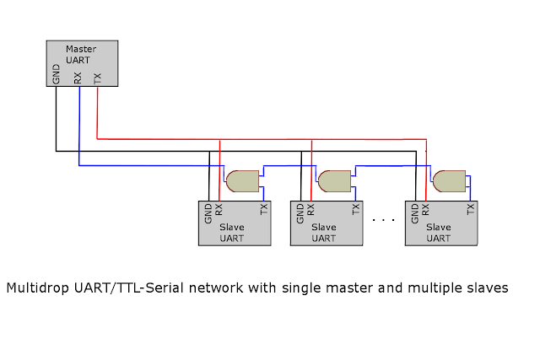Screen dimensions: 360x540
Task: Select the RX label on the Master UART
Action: [78, 78]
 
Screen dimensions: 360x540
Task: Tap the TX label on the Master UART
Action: [98, 78]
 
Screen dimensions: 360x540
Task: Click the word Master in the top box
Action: [81, 49]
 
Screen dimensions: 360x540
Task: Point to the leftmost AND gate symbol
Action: [242, 180]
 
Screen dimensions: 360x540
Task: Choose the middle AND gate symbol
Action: [334, 180]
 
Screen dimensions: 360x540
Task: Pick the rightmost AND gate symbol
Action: [449, 180]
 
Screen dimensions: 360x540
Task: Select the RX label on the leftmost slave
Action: [219, 210]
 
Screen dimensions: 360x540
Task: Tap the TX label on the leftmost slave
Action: [264, 210]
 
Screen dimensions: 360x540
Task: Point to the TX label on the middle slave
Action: [356, 210]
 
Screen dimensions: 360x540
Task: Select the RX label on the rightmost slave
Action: [426, 210]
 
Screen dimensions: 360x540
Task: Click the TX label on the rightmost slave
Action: [471, 210]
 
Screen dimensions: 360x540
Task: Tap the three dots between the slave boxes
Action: [383, 220]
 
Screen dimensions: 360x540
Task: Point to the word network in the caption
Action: [221, 288]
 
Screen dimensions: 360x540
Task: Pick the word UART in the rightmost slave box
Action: [439, 239]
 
